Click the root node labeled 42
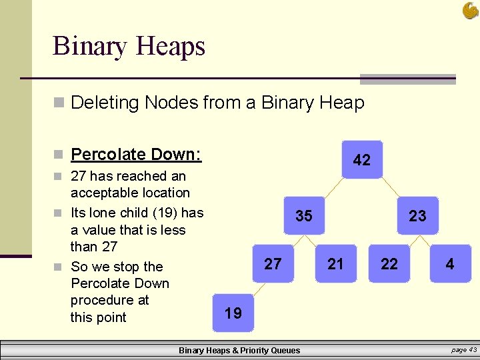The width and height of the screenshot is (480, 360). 362,160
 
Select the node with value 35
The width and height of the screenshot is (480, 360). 304,215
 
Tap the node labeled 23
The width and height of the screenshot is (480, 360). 418,215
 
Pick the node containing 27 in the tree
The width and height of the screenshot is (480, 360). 273,263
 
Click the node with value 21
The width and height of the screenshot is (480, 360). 336,263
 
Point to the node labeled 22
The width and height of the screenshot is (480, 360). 389,263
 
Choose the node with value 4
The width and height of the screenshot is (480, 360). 450,263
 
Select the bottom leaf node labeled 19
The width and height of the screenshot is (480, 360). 233,313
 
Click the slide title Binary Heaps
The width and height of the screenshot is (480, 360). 129,46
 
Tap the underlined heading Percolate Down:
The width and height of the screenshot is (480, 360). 136,154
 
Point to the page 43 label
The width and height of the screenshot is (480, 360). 463,349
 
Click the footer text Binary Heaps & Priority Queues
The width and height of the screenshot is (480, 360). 239,350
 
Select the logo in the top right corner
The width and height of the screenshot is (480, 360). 470,10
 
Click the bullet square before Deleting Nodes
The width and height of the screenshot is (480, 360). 59,103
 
